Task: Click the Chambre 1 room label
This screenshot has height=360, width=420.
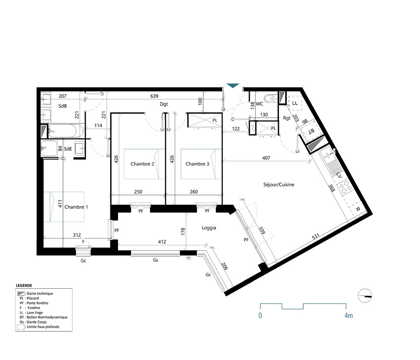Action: [x=76, y=207]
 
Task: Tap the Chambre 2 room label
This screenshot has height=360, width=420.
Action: [x=142, y=164]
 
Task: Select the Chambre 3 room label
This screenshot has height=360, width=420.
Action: [x=197, y=164]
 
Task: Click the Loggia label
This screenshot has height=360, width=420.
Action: [x=209, y=228]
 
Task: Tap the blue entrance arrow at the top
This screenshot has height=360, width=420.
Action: [x=232, y=86]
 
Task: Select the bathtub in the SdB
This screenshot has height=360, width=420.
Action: [x=64, y=131]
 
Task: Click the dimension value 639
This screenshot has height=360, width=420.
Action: [x=154, y=96]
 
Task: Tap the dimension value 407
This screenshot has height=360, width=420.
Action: [x=266, y=158]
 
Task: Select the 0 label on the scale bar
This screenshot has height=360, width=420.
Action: [x=260, y=315]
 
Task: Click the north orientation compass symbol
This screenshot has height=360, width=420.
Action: [x=365, y=296]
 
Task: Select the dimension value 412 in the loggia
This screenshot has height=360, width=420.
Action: [x=162, y=242]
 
